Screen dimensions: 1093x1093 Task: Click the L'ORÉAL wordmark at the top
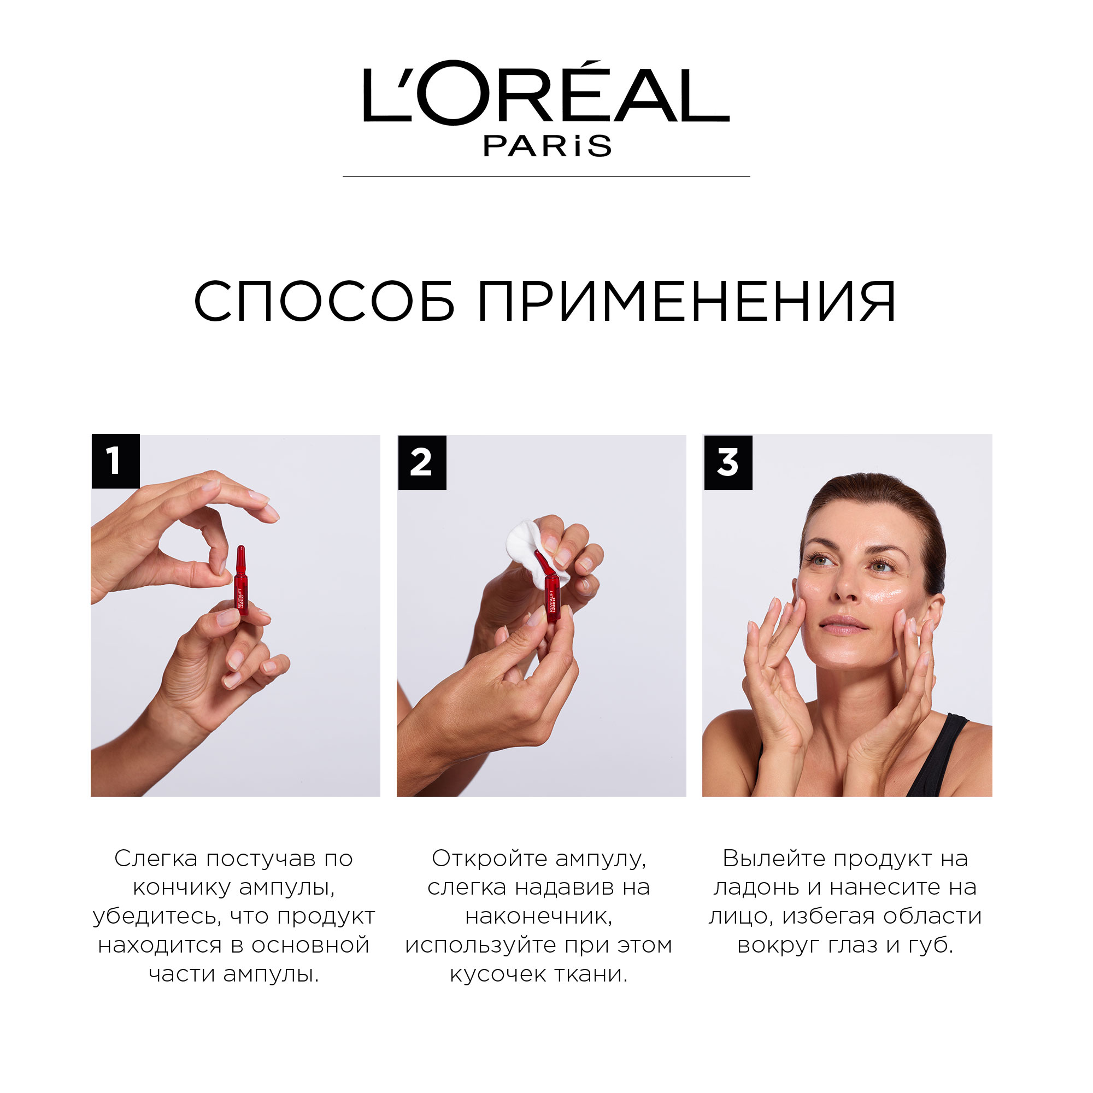point(546,92)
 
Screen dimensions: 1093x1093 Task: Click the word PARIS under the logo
point(547,146)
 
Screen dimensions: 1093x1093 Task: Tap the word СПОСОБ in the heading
point(325,301)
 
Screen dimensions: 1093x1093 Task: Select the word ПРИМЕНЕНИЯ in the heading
point(687,301)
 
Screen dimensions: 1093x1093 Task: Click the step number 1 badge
point(115,461)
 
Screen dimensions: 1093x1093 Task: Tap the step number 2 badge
point(422,462)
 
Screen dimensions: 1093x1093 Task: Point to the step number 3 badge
point(728,462)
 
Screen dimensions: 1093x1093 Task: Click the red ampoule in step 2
point(549,589)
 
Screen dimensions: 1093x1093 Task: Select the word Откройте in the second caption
point(489,859)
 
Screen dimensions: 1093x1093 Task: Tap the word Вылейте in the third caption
point(774,859)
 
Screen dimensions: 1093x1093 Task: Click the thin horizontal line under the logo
point(546,177)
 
